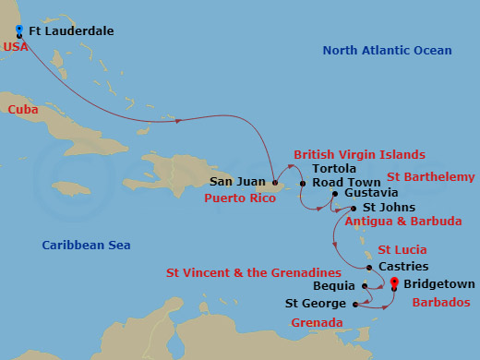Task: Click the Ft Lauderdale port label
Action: click(72, 31)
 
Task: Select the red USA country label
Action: click(15, 47)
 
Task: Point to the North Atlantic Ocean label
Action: click(387, 51)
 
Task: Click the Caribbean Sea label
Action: click(87, 245)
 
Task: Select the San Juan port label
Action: click(238, 182)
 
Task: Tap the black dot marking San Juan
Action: click(274, 182)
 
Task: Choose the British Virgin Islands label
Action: click(359, 154)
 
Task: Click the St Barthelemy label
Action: click(431, 176)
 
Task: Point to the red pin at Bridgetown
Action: click(395, 282)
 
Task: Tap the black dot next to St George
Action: click(355, 303)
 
